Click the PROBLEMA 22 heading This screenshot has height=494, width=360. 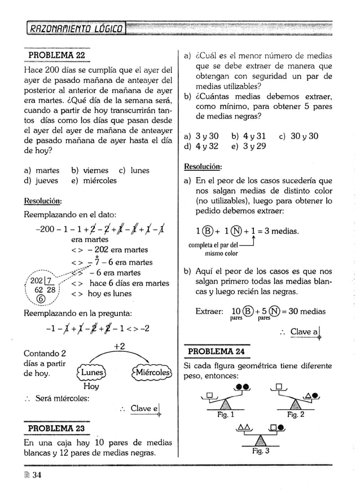[x=56, y=57]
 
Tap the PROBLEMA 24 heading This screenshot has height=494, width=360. [x=216, y=352]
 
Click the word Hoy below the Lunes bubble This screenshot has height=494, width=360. [x=90, y=386]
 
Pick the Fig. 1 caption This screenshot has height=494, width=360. [x=225, y=414]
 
